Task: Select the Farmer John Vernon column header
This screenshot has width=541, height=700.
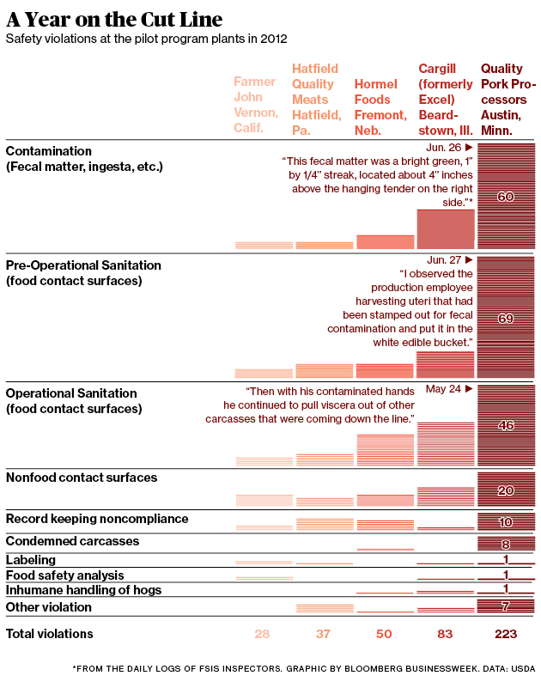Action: coord(255,106)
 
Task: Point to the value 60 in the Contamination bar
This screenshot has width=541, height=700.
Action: coord(506,197)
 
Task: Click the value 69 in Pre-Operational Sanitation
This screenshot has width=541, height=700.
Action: coord(506,319)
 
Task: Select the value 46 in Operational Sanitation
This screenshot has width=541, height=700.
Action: coord(506,425)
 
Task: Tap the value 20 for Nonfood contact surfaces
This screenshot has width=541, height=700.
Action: coord(506,490)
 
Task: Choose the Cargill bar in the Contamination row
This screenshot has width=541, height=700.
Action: coord(446,229)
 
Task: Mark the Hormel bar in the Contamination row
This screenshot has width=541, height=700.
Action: coord(385,242)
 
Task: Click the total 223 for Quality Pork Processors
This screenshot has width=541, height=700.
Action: coord(506,634)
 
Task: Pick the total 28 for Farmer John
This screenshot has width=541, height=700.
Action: coord(263,634)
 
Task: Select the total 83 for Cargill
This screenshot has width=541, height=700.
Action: coord(445,634)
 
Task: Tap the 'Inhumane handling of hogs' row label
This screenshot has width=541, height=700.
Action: coord(83,590)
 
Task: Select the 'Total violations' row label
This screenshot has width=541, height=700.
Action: coord(50,634)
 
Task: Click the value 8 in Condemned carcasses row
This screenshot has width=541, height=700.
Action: coord(506,544)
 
